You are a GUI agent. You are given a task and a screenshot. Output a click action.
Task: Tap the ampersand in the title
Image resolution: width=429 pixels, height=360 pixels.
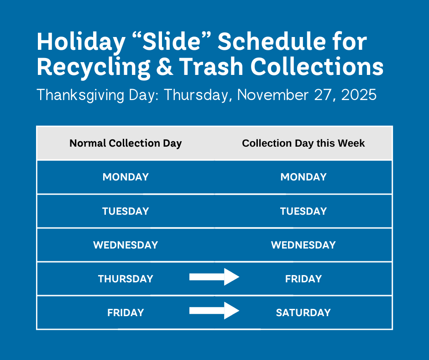tap(166, 67)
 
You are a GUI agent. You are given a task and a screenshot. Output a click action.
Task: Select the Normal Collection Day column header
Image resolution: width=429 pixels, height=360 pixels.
tap(126, 143)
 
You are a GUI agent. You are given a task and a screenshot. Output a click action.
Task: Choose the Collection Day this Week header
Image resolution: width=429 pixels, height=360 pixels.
tap(303, 143)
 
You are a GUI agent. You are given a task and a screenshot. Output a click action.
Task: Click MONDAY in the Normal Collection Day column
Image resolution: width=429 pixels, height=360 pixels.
tap(126, 177)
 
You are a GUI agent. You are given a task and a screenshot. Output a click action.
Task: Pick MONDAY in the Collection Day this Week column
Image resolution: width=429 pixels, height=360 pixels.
tap(303, 177)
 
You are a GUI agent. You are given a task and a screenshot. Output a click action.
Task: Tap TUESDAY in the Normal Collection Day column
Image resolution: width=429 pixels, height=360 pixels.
tap(126, 211)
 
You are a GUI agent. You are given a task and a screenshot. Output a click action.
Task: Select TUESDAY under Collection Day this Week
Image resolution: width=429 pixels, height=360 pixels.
tap(303, 211)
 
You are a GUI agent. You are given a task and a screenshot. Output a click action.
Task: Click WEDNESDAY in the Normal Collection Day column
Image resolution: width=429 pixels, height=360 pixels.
tap(126, 245)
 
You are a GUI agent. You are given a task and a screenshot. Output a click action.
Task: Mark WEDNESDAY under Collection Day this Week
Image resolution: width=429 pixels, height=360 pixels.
tap(303, 245)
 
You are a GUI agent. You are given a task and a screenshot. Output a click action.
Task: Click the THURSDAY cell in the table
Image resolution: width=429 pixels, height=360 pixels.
tap(126, 279)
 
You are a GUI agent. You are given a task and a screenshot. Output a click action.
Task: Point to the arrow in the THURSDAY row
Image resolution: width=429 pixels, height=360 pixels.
tap(214, 276)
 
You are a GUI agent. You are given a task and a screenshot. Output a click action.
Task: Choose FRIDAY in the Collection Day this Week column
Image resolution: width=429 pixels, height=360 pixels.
tap(303, 279)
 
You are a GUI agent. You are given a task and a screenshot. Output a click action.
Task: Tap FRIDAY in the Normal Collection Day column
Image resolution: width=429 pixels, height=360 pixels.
tap(126, 312)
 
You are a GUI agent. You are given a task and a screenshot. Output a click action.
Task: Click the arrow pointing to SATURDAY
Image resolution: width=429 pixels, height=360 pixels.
tap(214, 311)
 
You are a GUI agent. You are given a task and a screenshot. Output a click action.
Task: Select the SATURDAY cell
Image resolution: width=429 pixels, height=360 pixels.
tap(303, 312)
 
